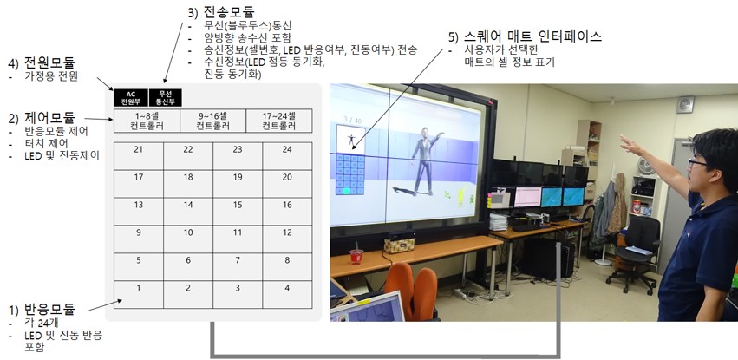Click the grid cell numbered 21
[x=139, y=156]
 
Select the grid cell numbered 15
[x=238, y=212]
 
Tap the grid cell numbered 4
[x=287, y=295]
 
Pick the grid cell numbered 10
[x=188, y=239]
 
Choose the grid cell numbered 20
[x=287, y=184]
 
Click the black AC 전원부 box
[x=131, y=97]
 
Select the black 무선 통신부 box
[x=165, y=97]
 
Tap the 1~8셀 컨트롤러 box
[x=147, y=121]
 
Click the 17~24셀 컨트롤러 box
[x=279, y=121]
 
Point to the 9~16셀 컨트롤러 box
[x=213, y=121]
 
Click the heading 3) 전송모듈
[x=221, y=11]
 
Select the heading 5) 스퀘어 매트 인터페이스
[x=526, y=36]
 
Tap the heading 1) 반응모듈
[x=42, y=310]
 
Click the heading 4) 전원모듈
[x=42, y=62]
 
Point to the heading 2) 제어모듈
[x=42, y=117]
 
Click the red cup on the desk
[x=356, y=257]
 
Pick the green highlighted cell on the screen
[x=347, y=191]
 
